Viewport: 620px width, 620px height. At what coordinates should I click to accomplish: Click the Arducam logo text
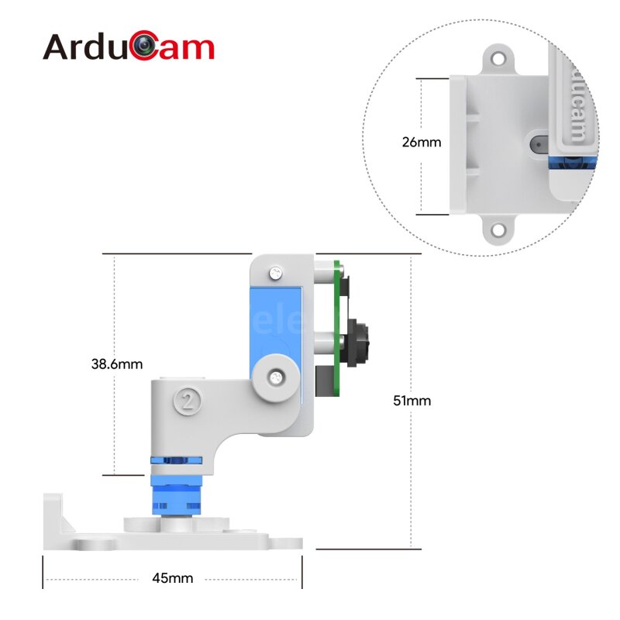click(x=128, y=47)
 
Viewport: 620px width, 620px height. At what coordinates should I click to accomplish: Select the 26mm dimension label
click(x=421, y=143)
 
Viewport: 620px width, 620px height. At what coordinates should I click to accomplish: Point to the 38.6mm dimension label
click(x=116, y=363)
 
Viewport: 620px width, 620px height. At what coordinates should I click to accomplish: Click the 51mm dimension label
click(x=412, y=401)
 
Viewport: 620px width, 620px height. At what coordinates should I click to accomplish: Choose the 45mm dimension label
click(x=172, y=578)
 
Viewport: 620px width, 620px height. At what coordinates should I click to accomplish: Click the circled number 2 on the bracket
click(x=187, y=400)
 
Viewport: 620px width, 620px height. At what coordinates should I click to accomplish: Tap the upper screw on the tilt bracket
click(x=275, y=273)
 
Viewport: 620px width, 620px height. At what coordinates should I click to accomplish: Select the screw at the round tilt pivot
click(x=276, y=377)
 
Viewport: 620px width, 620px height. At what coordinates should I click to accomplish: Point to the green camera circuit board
click(x=338, y=325)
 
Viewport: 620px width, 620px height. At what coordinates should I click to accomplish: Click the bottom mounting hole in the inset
click(x=497, y=230)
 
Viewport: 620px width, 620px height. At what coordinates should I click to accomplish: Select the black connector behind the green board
click(x=324, y=379)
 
